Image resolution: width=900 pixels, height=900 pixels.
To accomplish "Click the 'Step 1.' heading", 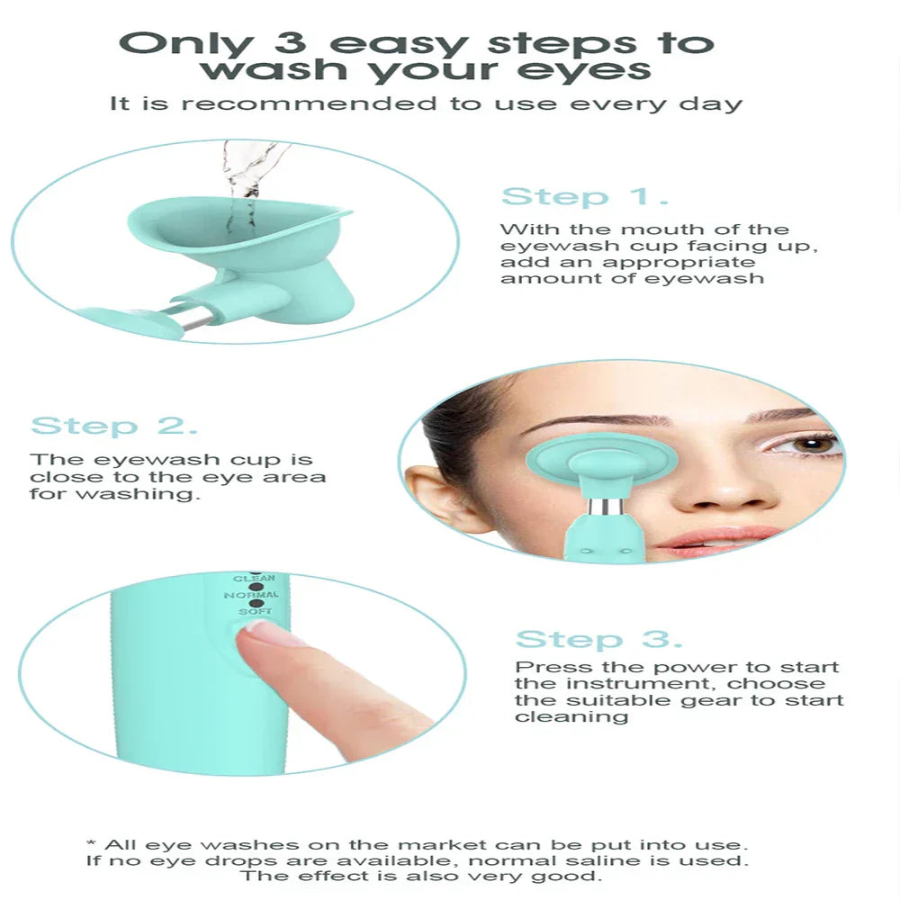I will pyautogui.click(x=584, y=197).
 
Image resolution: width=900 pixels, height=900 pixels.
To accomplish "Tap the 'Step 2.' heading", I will pyautogui.click(x=114, y=426).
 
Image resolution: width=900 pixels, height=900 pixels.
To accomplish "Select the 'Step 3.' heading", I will pyautogui.click(x=598, y=640).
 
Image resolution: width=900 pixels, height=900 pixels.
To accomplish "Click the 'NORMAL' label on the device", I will pyautogui.click(x=256, y=595).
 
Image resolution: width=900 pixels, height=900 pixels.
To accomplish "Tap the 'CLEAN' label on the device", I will pyautogui.click(x=254, y=578).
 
